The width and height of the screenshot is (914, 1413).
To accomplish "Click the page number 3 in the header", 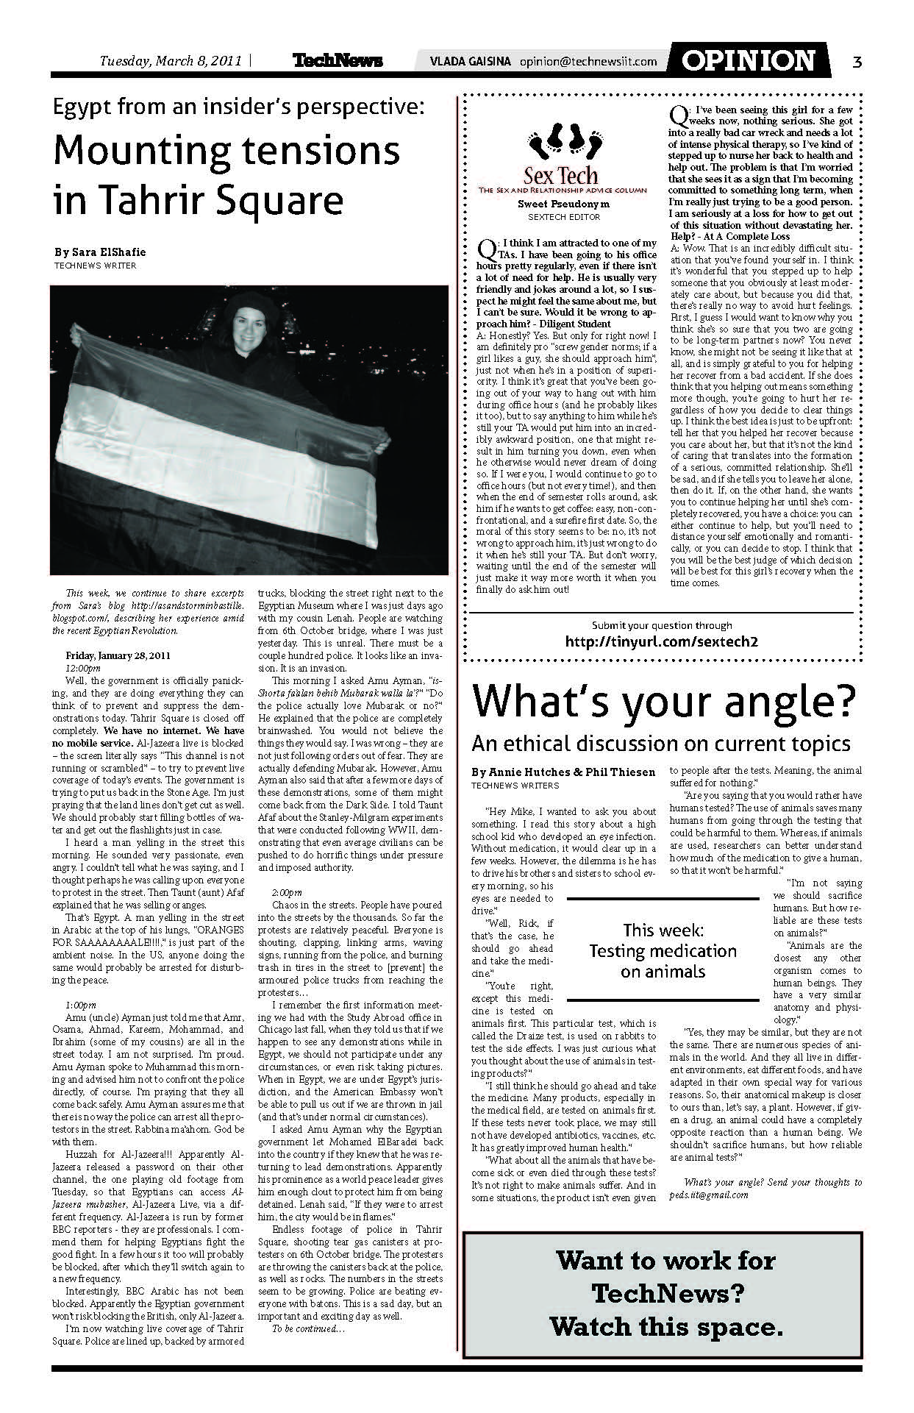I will [x=857, y=62].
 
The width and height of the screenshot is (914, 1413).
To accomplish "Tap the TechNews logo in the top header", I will [x=338, y=61].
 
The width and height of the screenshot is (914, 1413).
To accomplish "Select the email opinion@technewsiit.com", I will [x=588, y=62].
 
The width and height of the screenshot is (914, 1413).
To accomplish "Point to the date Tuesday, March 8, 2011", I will [x=171, y=61].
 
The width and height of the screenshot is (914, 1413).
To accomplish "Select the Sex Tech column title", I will [x=561, y=176].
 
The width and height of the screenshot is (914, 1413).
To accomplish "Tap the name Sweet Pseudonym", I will [x=563, y=203].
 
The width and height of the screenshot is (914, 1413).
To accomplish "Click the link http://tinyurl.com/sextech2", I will [x=661, y=641].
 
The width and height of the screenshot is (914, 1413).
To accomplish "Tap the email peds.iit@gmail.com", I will [x=709, y=1195].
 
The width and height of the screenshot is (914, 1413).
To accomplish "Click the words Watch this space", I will [x=665, y=1327].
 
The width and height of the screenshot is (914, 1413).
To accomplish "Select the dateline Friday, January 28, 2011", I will [x=118, y=655].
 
